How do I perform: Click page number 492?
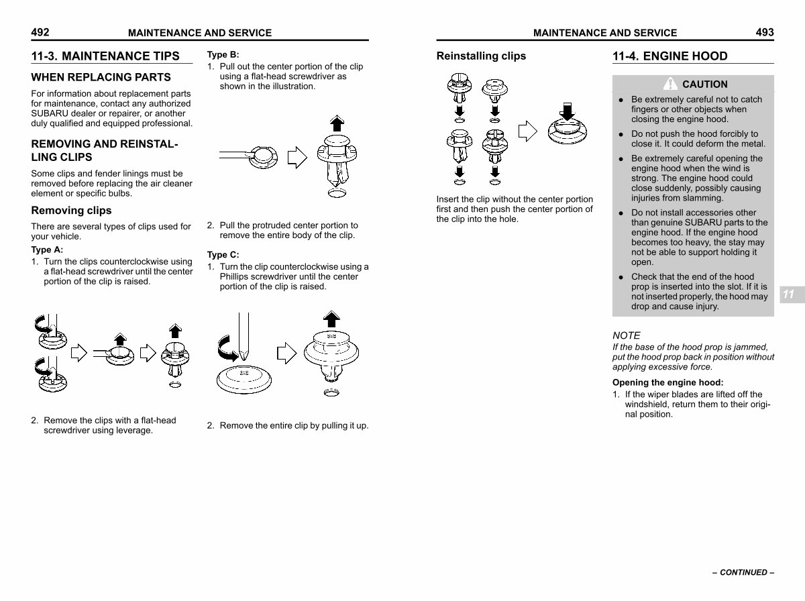(40, 32)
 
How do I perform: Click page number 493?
(764, 32)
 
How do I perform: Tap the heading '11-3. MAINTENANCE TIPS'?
(105, 56)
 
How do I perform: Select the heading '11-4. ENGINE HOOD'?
(669, 56)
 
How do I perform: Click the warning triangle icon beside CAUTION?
(669, 84)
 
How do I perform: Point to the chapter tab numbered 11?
(788, 294)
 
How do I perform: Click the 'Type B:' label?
(223, 55)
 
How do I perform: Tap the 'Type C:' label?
(223, 255)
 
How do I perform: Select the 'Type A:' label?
(47, 250)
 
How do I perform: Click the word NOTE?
(627, 335)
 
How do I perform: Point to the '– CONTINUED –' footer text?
(743, 573)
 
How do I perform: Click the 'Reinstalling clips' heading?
(481, 56)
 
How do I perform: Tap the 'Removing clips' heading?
(72, 211)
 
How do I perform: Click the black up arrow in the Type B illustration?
(337, 123)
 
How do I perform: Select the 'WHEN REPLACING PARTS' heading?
(101, 77)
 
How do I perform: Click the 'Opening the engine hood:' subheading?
(667, 382)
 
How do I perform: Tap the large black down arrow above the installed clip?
(568, 111)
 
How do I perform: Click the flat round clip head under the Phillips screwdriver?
(244, 380)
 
